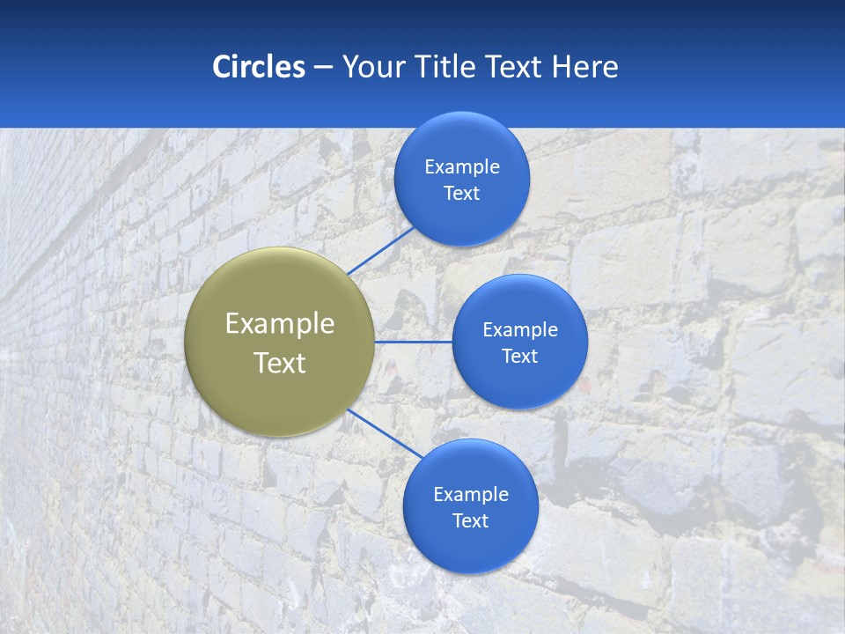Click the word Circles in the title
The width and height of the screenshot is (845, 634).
pyautogui.click(x=259, y=67)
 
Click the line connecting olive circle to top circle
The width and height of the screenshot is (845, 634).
pyautogui.click(x=380, y=250)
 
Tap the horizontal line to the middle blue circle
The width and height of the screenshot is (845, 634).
pyautogui.click(x=413, y=342)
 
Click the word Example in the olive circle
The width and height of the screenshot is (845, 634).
pyautogui.click(x=280, y=324)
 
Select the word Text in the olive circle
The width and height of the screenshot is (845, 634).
pyautogui.click(x=280, y=363)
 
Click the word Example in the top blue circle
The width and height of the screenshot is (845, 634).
pyautogui.click(x=462, y=167)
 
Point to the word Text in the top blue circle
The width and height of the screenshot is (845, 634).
pyautogui.click(x=462, y=194)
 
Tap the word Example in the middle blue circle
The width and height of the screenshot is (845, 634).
pyautogui.click(x=520, y=330)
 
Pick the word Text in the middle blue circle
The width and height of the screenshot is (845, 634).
pyautogui.click(x=520, y=357)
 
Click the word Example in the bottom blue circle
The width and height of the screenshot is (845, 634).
pyautogui.click(x=471, y=495)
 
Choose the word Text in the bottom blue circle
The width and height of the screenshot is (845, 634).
pyautogui.click(x=471, y=521)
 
